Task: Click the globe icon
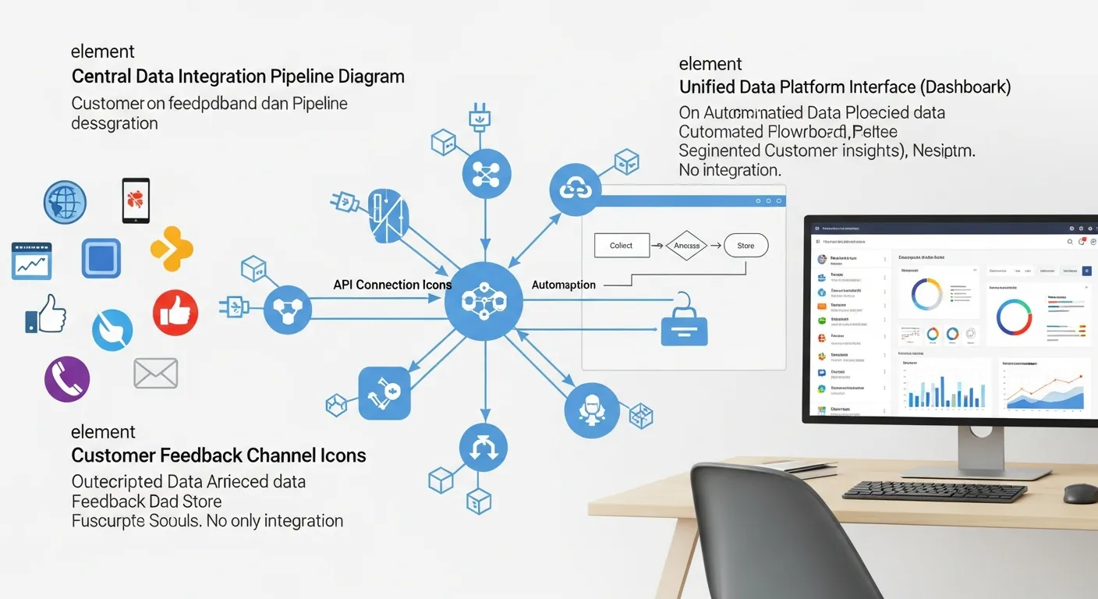[65, 203]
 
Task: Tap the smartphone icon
[136, 201]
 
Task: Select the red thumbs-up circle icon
[175, 313]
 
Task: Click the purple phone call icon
[67, 379]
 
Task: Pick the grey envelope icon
[156, 373]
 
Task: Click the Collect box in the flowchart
[622, 246]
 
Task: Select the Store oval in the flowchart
[746, 246]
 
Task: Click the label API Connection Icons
[392, 285]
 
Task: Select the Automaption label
[564, 285]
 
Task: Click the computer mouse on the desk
[1080, 494]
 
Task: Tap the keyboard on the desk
[935, 491]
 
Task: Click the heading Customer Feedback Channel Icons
[218, 455]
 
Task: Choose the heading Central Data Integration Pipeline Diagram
[238, 76]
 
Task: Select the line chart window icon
[31, 261]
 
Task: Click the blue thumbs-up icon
[46, 314]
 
